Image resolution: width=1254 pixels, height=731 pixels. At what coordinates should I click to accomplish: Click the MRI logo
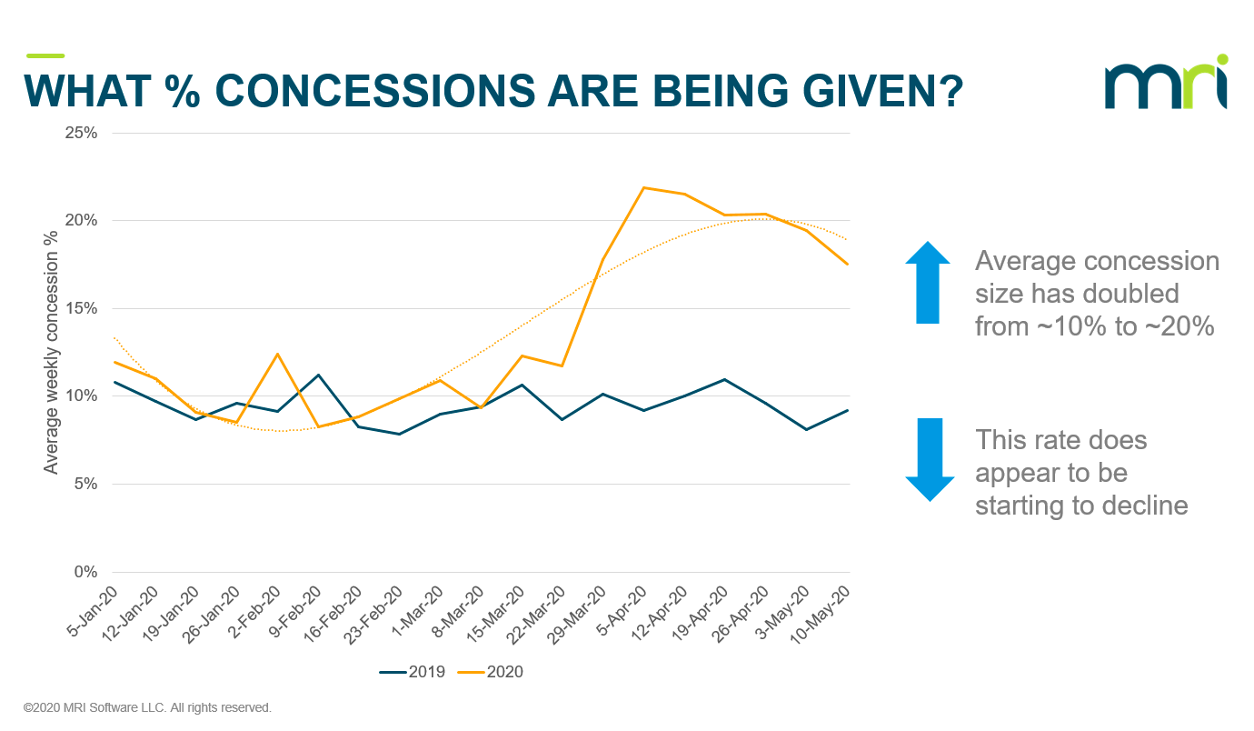pyautogui.click(x=1167, y=84)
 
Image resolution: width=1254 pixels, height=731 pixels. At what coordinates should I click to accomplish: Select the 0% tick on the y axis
pyautogui.click(x=87, y=572)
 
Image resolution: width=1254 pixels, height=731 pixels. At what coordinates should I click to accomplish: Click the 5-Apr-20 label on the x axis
pyautogui.click(x=623, y=612)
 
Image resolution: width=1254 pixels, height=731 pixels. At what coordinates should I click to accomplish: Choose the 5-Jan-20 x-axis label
pyautogui.click(x=94, y=612)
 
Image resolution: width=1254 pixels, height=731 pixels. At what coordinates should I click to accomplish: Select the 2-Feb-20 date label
pyautogui.click(x=255, y=612)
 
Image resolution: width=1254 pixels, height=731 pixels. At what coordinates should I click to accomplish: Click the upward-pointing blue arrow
pyautogui.click(x=928, y=282)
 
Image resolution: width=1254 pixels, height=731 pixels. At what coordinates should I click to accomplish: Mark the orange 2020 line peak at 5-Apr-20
pyautogui.click(x=643, y=187)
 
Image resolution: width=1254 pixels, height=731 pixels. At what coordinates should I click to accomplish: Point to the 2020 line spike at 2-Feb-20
pyautogui.click(x=277, y=354)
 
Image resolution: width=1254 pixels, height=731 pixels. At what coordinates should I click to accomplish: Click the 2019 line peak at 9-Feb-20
pyautogui.click(x=318, y=375)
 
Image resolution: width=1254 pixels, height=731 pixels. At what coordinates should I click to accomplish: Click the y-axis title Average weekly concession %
pyautogui.click(x=52, y=351)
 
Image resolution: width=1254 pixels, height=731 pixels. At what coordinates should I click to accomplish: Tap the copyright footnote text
pyautogui.click(x=147, y=706)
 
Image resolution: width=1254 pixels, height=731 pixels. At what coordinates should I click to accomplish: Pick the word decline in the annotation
pyautogui.click(x=1146, y=505)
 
